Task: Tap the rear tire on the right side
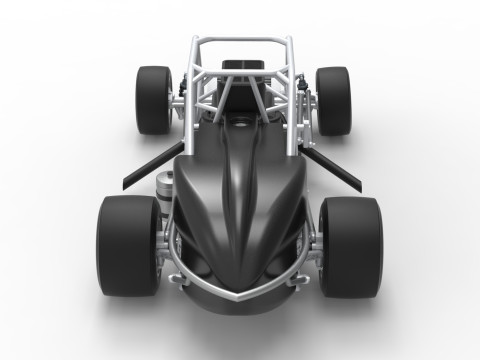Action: point(333,99)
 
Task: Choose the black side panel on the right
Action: point(339,165)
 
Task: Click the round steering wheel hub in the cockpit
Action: point(240,124)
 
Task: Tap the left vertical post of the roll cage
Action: point(191,90)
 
